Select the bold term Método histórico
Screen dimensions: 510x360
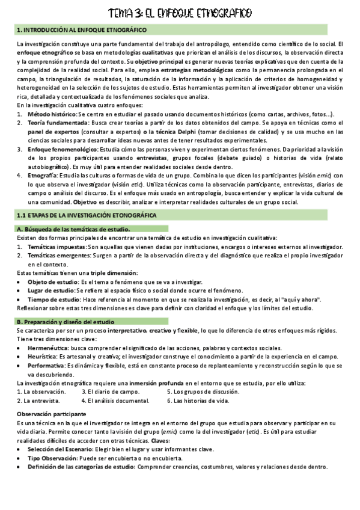click(x=52, y=114)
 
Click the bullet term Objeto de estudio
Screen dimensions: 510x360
click(x=53, y=282)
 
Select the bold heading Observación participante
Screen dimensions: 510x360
click(x=52, y=414)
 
